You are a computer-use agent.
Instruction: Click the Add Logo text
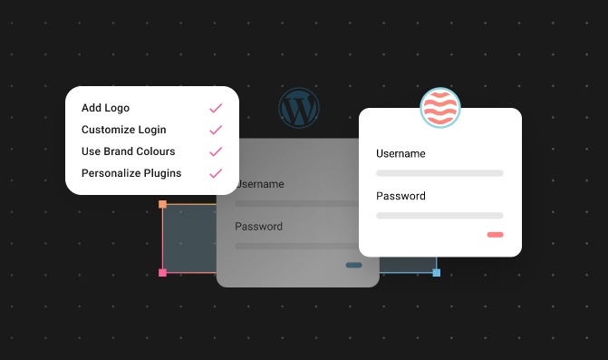[105, 108]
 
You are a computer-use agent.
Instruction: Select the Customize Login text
[124, 130]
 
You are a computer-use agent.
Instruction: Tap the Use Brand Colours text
[129, 151]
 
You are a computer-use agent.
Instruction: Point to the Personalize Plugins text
[131, 173]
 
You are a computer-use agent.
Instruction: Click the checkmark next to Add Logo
[216, 108]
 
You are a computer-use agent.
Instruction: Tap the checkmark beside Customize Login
[216, 130]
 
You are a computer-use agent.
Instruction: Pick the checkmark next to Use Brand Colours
[216, 151]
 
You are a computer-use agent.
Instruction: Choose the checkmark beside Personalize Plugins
[216, 173]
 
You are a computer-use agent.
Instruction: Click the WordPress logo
[299, 109]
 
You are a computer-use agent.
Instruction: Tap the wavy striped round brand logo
[440, 109]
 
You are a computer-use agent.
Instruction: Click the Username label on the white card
[401, 154]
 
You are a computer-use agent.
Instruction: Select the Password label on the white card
[401, 196]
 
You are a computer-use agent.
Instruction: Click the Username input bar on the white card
[439, 172]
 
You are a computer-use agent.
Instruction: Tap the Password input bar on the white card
[439, 215]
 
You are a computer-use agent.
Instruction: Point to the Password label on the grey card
[259, 227]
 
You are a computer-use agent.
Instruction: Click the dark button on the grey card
[353, 266]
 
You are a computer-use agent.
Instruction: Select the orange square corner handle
[163, 205]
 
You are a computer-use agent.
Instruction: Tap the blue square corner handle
[436, 272]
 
